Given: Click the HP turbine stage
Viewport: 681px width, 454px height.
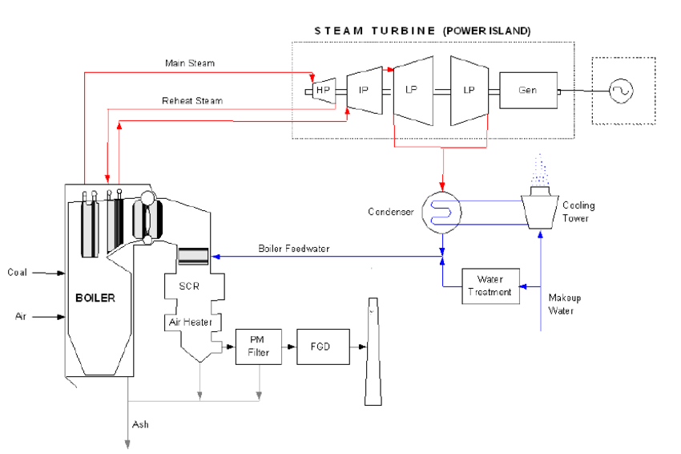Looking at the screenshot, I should pyautogui.click(x=323, y=91).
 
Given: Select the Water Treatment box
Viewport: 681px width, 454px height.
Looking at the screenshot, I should pyautogui.click(x=490, y=285).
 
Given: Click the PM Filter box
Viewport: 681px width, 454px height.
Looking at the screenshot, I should pyautogui.click(x=259, y=347).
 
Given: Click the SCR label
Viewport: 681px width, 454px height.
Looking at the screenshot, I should pyautogui.click(x=189, y=286).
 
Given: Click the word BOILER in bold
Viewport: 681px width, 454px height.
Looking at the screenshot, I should pyautogui.click(x=95, y=298).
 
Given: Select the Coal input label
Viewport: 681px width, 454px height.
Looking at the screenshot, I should pyautogui.click(x=17, y=273).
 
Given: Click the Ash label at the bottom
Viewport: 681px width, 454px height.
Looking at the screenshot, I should pyautogui.click(x=141, y=425).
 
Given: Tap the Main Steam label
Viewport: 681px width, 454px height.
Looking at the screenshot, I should pyautogui.click(x=190, y=63).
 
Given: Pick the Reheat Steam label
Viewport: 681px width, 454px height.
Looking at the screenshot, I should pyautogui.click(x=192, y=101).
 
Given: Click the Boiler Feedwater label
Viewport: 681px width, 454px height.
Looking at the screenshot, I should pyautogui.click(x=293, y=249).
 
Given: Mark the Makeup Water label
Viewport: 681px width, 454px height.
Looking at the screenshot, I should pyautogui.click(x=565, y=304).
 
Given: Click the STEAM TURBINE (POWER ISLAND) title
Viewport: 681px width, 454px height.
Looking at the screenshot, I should pyautogui.click(x=421, y=30).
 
